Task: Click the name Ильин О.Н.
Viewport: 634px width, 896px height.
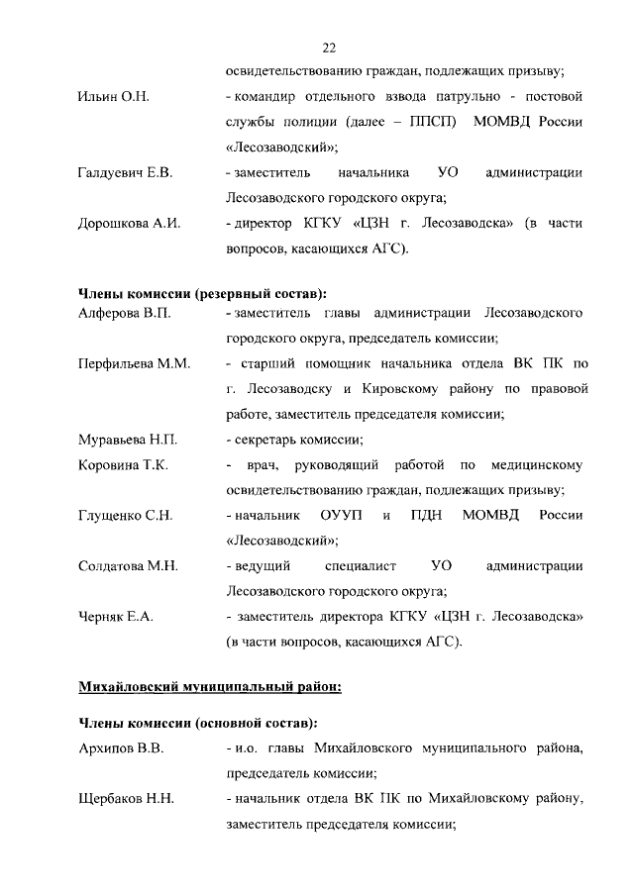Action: [x=113, y=97]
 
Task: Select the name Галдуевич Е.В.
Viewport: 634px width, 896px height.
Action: [x=126, y=173]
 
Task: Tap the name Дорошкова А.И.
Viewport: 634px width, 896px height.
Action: [x=129, y=224]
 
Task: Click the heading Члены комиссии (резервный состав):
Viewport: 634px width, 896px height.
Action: [x=202, y=294]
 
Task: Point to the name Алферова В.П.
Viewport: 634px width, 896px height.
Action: [x=125, y=314]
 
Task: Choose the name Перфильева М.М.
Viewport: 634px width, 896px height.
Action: [x=134, y=364]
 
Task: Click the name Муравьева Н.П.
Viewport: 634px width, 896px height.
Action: [x=128, y=440]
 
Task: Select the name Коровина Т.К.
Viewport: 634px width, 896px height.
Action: [x=123, y=465]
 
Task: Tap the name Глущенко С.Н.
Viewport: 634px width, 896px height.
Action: [x=126, y=516]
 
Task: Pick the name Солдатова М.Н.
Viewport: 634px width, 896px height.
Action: [x=128, y=566]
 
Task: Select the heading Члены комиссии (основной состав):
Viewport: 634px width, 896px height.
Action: [x=197, y=724]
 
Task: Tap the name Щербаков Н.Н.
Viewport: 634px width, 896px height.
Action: [x=126, y=798]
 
